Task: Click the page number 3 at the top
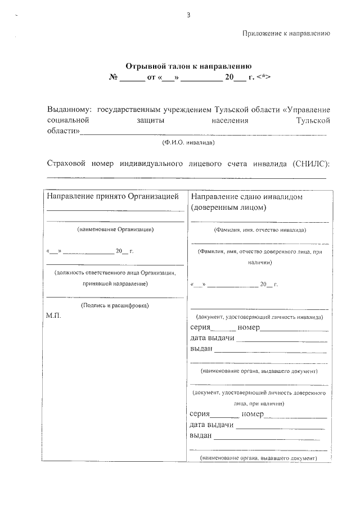click(188, 15)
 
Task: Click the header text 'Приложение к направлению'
click(286, 33)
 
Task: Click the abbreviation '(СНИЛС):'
click(311, 164)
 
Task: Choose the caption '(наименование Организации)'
click(115, 229)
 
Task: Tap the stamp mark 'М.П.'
click(53, 316)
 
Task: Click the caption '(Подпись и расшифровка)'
click(115, 305)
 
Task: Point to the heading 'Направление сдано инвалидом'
click(247, 197)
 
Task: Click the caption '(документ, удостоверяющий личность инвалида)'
click(259, 317)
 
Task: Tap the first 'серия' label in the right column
click(201, 327)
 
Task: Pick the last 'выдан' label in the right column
click(201, 435)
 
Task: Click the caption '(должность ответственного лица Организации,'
click(115, 273)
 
